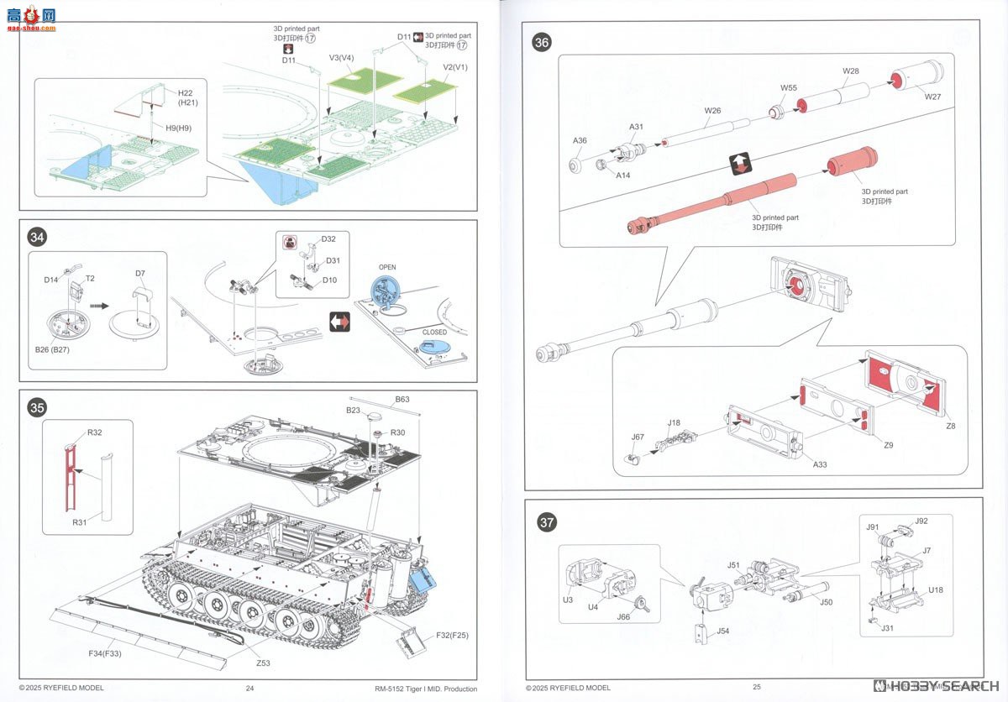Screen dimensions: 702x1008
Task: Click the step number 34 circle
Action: pos(37,238)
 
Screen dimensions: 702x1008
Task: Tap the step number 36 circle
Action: pos(543,43)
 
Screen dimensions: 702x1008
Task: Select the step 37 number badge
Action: pos(547,522)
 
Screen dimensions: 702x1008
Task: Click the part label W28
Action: pos(851,71)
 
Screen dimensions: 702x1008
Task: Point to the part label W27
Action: pos(932,97)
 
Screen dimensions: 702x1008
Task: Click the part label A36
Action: pos(580,141)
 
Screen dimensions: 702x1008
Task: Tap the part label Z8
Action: pos(950,426)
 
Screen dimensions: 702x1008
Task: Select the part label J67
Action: pos(638,437)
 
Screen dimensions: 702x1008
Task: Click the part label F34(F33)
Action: pos(106,652)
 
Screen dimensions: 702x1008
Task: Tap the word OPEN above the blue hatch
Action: pos(387,268)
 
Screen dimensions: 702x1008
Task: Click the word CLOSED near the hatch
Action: pos(434,333)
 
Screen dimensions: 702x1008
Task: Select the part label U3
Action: pos(568,600)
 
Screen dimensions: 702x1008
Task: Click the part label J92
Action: pos(921,521)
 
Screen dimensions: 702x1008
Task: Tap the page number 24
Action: pos(249,688)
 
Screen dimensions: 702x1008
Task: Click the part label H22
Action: pos(185,92)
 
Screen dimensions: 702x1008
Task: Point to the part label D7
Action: pos(140,273)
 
